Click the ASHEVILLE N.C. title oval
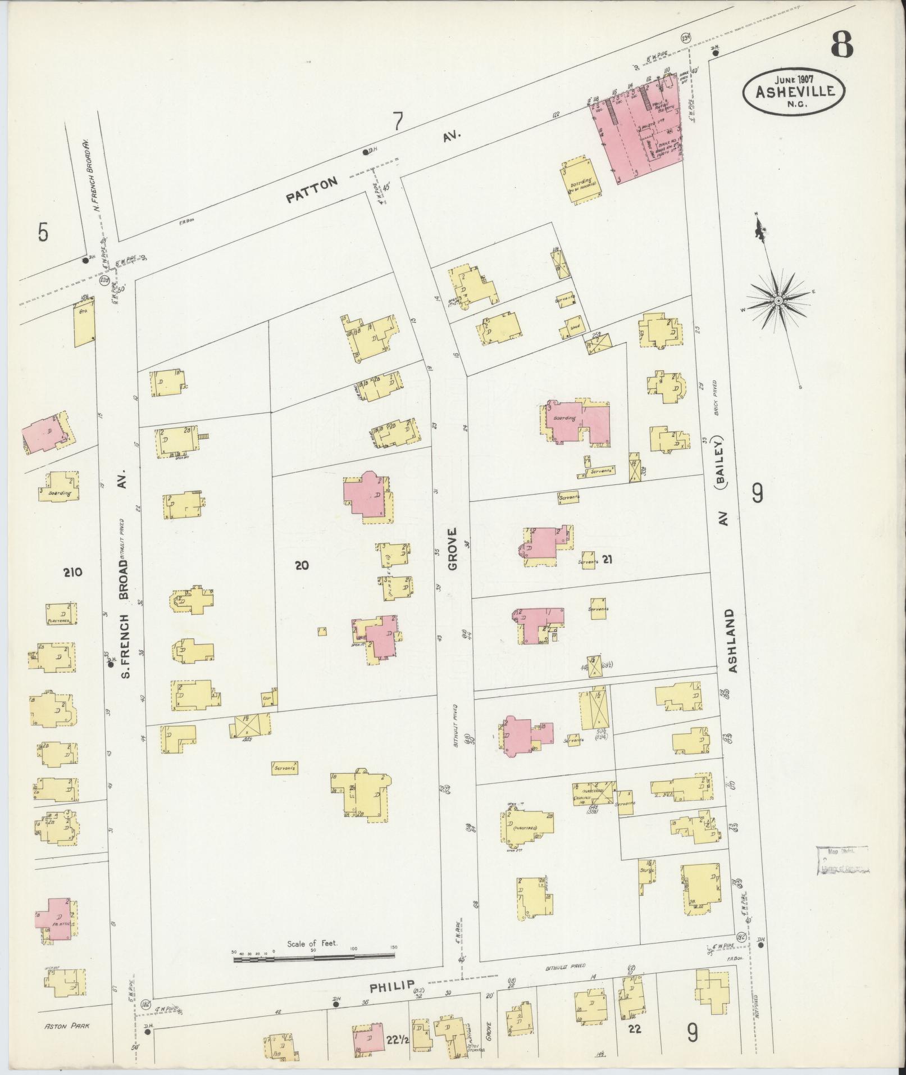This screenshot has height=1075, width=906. coord(794,92)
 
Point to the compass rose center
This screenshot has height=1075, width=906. coord(778,302)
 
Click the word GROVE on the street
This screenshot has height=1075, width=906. coord(453,548)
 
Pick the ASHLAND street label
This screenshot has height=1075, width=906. coord(731,641)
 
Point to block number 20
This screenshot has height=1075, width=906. coord(302,565)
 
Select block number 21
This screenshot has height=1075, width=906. coord(607,559)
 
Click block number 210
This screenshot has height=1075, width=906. coord(73,573)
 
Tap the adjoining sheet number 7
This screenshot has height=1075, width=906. coord(398,121)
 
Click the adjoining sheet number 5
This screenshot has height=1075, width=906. coord(43,232)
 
